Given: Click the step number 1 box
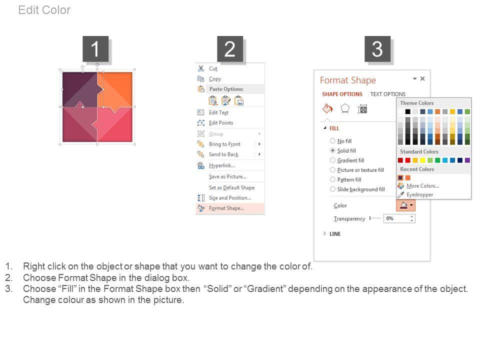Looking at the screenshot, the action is (x=95, y=49).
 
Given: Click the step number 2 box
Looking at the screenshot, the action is (x=230, y=49).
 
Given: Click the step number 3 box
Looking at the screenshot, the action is (x=377, y=49).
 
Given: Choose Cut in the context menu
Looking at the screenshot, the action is (x=213, y=68).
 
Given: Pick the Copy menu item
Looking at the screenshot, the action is (x=215, y=79).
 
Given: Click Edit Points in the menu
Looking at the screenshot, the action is (x=220, y=123).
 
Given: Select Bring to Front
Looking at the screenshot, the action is (x=224, y=144).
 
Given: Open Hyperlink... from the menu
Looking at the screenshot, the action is (x=221, y=165).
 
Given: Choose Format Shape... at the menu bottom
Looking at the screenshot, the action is (x=226, y=208).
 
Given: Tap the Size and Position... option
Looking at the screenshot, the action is (x=229, y=198).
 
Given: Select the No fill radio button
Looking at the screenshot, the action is (x=332, y=141).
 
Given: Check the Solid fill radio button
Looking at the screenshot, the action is (x=332, y=150).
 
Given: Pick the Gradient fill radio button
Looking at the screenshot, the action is (x=332, y=160).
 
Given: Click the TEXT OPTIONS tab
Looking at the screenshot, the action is (x=387, y=94).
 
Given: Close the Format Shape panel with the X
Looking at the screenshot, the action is (x=422, y=78).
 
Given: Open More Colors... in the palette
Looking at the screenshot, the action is (x=422, y=186).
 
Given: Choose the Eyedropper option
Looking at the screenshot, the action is (x=419, y=194).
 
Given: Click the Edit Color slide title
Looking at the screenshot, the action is (x=44, y=10).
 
